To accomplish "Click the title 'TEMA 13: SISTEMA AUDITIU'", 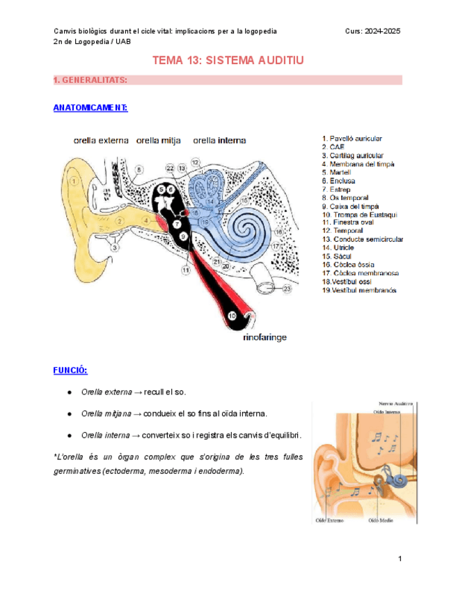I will click(x=228, y=61).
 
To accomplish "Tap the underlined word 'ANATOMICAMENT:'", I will click(x=90, y=108).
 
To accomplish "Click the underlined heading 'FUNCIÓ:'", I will click(x=70, y=370).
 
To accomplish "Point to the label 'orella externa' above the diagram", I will click(x=101, y=140).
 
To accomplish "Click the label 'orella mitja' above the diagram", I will click(x=158, y=140).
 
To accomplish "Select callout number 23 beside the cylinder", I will click(x=287, y=287).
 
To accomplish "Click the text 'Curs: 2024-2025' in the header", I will click(x=372, y=31).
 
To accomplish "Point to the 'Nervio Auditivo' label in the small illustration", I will click(x=396, y=404).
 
